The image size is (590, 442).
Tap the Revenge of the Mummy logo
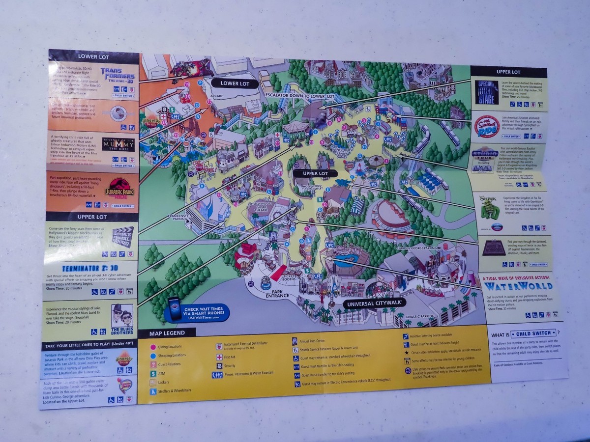click(x=119, y=145)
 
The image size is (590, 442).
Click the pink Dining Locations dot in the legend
click(x=153, y=347)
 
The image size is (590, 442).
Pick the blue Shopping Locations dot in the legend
click(x=153, y=355)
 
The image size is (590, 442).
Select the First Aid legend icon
click(x=219, y=357)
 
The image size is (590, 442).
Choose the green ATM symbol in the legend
click(x=153, y=373)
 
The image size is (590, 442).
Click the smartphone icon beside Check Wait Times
click(x=175, y=308)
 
